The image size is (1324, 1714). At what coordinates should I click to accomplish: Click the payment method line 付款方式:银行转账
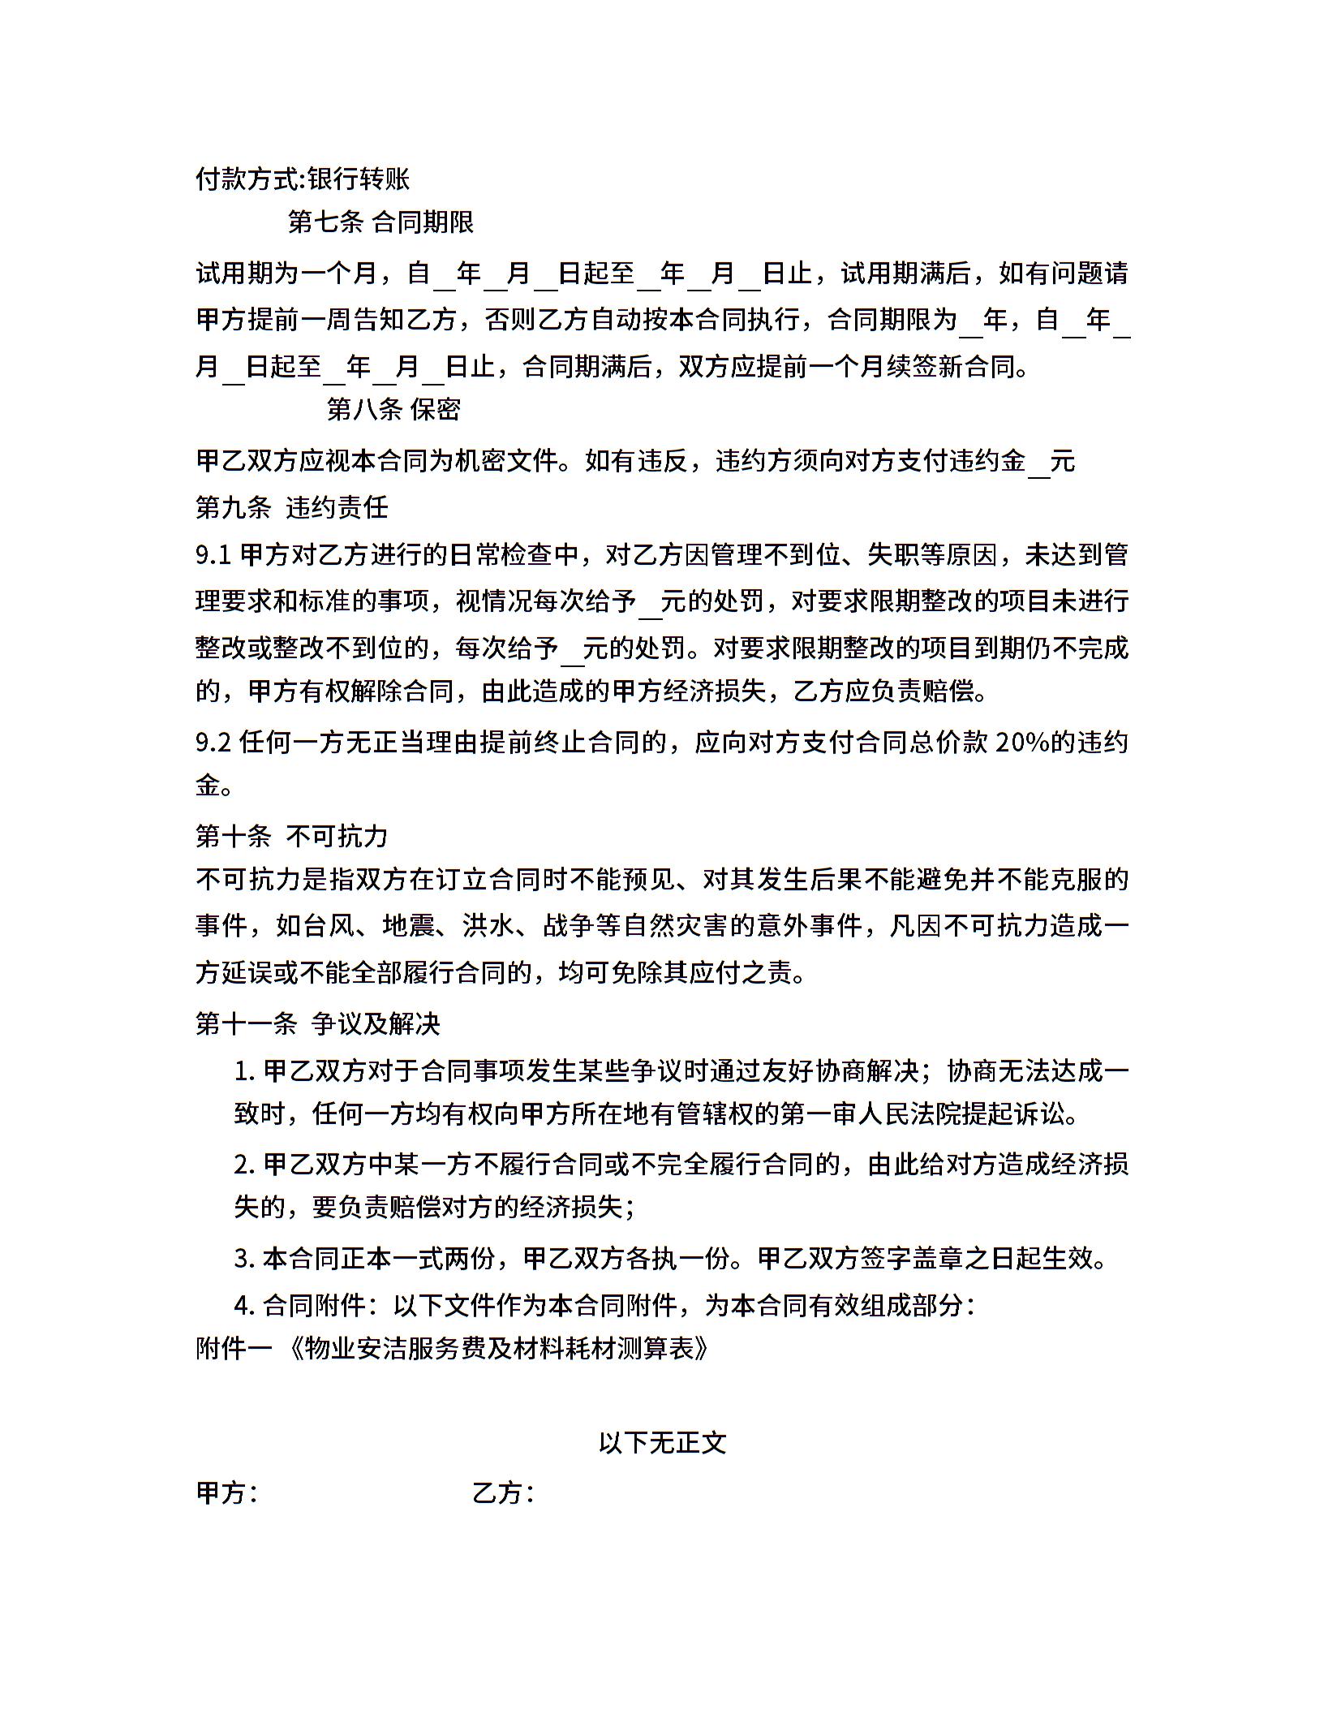[x=303, y=179]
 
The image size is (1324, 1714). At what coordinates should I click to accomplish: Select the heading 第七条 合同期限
[x=380, y=222]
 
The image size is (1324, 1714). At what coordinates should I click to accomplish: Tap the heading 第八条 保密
[x=393, y=409]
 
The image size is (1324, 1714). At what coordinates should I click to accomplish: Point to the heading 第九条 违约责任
[x=292, y=507]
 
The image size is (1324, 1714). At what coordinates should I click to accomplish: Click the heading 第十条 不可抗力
[x=292, y=835]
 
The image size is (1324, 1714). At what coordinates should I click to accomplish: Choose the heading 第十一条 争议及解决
[x=317, y=1023]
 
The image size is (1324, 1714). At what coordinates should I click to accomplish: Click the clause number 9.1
[x=213, y=555]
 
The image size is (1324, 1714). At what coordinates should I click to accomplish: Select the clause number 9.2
[x=213, y=742]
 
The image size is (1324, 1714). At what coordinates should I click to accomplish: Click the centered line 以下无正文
[x=662, y=1442]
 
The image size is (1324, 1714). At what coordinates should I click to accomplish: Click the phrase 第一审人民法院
[x=870, y=1113]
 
